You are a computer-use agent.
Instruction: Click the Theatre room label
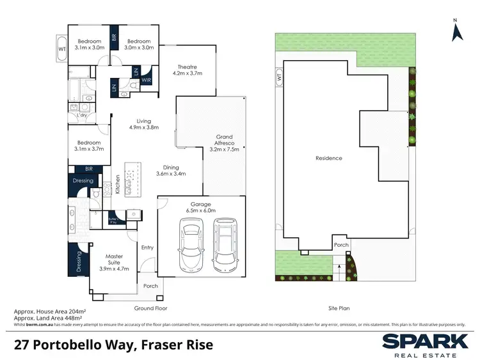pos(188,70)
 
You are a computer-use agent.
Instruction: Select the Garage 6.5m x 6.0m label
pos(201,207)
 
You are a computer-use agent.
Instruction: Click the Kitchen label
pos(117,185)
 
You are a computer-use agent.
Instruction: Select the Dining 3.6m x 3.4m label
pos(172,169)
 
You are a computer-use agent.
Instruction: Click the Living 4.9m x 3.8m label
pos(144,123)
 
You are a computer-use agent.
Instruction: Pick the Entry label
pos(147,247)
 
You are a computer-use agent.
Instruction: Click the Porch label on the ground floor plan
pos(150,286)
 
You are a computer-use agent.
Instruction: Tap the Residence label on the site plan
pos(328,158)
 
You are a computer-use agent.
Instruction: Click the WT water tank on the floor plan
pos(61,48)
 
